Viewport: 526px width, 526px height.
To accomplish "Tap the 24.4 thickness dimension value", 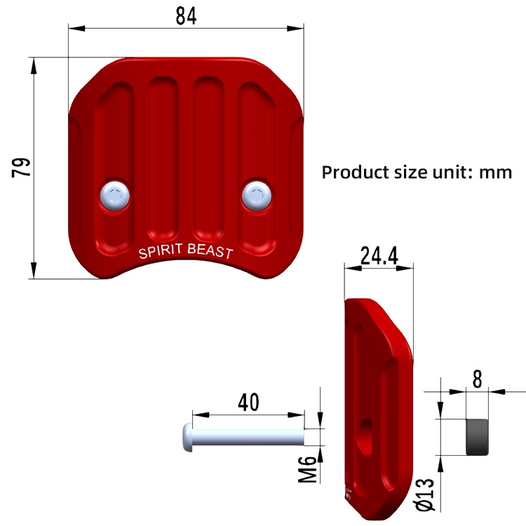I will click(379, 256).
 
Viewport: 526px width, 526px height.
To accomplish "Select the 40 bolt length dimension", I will click(248, 402).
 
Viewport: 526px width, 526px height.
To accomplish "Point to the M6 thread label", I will click(307, 466).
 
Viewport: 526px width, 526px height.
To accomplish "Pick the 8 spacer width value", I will click(477, 379).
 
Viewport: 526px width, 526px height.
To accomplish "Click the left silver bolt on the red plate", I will click(115, 195).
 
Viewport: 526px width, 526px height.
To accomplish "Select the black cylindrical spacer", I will click(478, 436).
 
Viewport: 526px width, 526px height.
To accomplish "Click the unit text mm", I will click(496, 172).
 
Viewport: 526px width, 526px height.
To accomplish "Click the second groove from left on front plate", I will click(163, 154).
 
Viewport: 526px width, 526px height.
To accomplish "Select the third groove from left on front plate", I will click(208, 154).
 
